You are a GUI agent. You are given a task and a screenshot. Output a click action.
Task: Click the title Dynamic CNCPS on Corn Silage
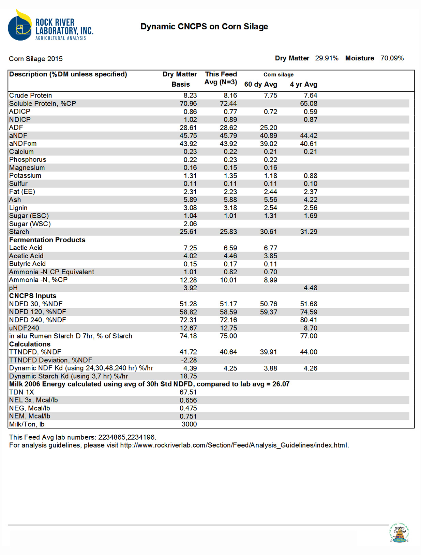click(x=204, y=27)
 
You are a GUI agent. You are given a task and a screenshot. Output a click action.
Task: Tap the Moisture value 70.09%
click(x=392, y=58)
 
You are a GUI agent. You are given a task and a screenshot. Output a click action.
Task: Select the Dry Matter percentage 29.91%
click(x=327, y=58)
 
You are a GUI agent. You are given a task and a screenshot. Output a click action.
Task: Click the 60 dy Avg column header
click(x=260, y=84)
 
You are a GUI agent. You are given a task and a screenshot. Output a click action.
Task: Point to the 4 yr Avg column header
click(x=303, y=84)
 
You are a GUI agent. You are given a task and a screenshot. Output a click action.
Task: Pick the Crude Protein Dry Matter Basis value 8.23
click(x=190, y=96)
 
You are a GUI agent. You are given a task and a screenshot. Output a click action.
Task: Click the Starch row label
click(x=19, y=232)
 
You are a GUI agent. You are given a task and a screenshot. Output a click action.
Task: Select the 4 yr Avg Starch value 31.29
click(x=309, y=232)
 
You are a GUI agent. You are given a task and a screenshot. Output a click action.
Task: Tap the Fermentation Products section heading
click(x=47, y=240)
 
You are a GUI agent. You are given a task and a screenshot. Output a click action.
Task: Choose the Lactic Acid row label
click(x=26, y=248)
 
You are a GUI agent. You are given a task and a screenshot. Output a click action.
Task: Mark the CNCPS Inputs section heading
click(x=33, y=296)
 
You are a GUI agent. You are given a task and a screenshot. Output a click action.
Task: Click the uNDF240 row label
click(x=24, y=328)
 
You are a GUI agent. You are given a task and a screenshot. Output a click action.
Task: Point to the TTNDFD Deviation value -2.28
click(x=189, y=360)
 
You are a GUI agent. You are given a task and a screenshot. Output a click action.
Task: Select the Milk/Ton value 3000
click(x=189, y=424)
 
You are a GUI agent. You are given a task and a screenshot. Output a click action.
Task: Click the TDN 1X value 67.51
click(x=188, y=392)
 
